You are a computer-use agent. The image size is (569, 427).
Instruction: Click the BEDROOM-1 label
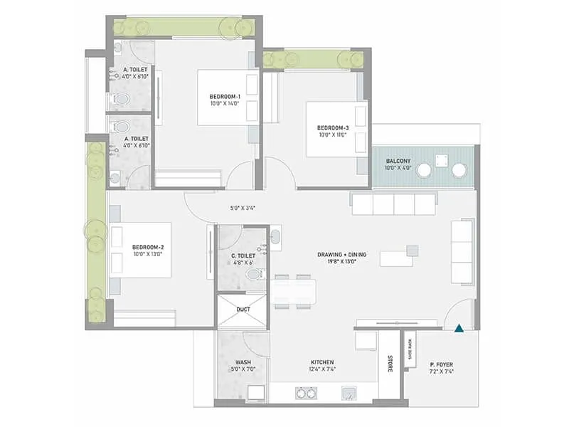coord(225,96)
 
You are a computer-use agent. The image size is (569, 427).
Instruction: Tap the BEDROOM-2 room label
coord(147,247)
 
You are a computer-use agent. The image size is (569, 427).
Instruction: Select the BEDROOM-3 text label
coord(332,128)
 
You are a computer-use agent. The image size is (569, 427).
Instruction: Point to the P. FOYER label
coord(442,366)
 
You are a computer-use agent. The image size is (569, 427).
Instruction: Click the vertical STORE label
coord(390,364)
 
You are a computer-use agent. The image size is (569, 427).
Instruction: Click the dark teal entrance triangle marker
coord(459,328)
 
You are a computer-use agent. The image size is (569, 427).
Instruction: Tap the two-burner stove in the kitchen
coord(305,393)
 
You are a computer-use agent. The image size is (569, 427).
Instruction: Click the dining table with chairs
coord(293,291)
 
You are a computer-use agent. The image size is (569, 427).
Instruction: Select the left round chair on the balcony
coord(424,170)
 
